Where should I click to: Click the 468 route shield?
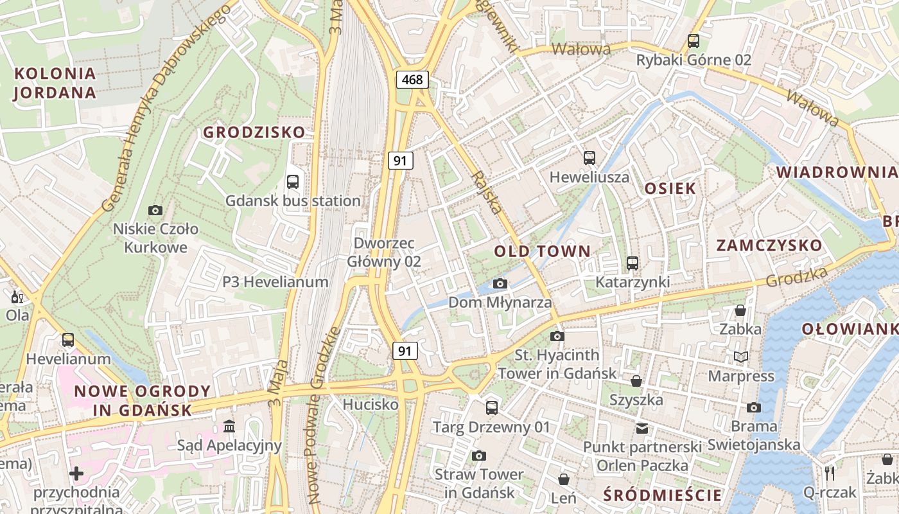tap(412, 80)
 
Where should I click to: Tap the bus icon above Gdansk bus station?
tap(293, 182)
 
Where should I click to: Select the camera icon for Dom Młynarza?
tap(500, 283)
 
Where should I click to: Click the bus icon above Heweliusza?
tap(589, 158)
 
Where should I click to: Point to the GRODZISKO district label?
tap(254, 132)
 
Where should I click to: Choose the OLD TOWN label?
tap(542, 251)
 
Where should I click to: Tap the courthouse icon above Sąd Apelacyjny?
tap(229, 427)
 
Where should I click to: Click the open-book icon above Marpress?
tap(741, 357)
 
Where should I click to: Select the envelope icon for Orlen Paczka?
tap(642, 428)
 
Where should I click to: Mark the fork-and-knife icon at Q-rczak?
tap(830, 474)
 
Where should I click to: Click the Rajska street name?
tap(486, 193)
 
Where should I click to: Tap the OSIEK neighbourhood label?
tap(670, 188)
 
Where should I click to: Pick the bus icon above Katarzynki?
tap(633, 263)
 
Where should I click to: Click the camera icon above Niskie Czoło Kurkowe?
tap(155, 210)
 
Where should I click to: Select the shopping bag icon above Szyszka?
tap(636, 381)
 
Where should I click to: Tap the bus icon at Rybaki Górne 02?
tap(694, 41)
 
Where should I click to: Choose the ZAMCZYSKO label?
tap(769, 245)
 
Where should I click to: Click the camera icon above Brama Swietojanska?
tap(754, 407)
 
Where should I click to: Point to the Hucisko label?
tap(371, 405)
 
